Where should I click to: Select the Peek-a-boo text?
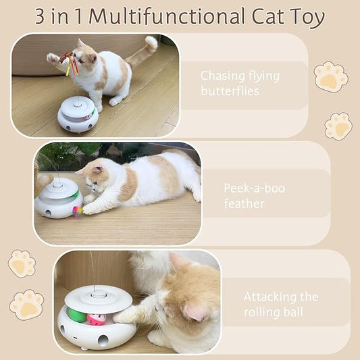pos(254,188)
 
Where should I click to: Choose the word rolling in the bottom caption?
pos(261,312)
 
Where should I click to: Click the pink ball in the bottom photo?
pos(97,318)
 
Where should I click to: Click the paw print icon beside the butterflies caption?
pos(330,77)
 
